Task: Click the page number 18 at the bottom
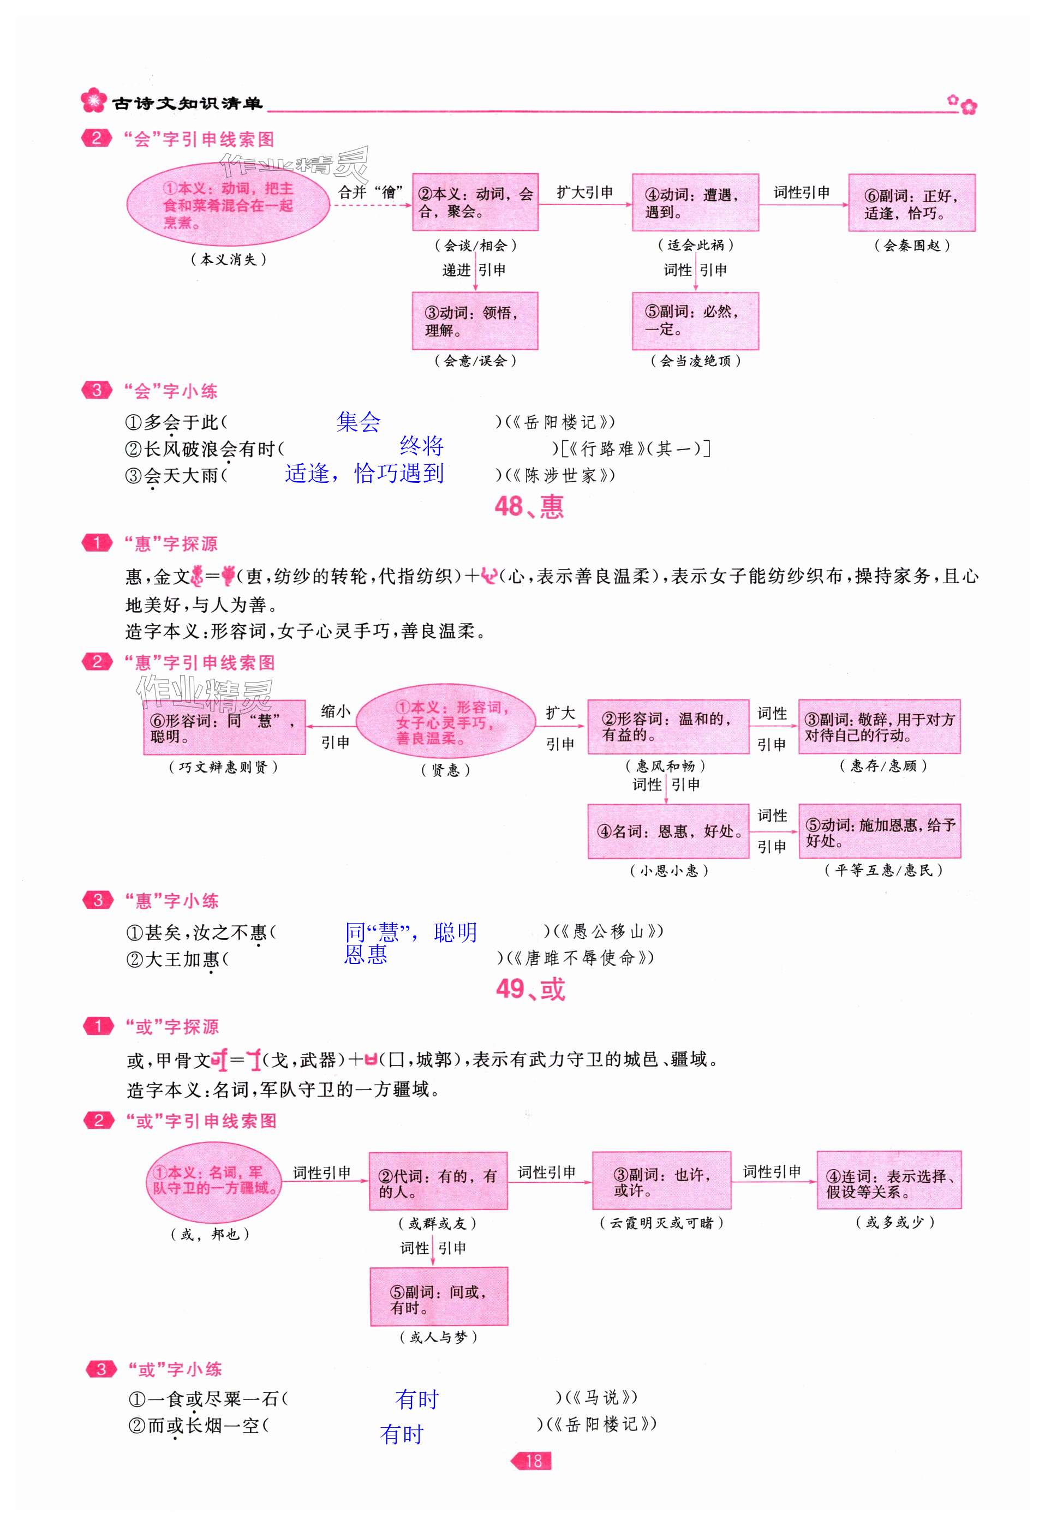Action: (533, 1461)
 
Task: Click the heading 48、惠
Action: (529, 506)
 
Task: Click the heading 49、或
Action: (530, 989)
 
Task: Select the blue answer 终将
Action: (422, 446)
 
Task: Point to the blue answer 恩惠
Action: (366, 954)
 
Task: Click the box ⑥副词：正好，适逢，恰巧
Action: (911, 203)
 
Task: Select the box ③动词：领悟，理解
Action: (474, 321)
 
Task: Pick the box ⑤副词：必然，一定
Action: (695, 321)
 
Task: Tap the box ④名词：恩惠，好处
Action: (668, 831)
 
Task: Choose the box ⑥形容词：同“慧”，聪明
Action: (224, 728)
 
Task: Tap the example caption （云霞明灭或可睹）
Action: (661, 1223)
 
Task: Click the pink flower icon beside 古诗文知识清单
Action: (93, 100)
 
